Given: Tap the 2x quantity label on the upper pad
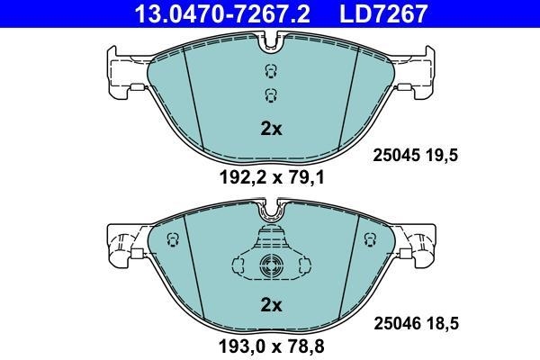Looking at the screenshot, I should [x=271, y=129].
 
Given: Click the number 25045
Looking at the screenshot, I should [x=397, y=155].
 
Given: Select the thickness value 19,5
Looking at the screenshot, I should [x=444, y=155].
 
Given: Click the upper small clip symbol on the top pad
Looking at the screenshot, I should [x=270, y=73].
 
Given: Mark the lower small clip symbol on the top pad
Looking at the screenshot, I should [x=270, y=95].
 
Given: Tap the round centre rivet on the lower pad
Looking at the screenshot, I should [x=271, y=265].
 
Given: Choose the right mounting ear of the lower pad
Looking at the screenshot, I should [x=419, y=243].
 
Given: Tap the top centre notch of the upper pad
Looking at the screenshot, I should [x=271, y=39].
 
